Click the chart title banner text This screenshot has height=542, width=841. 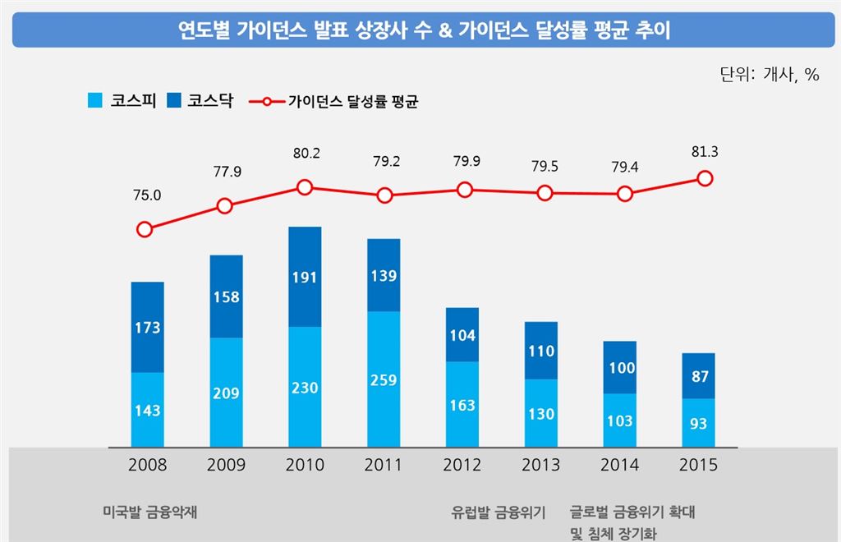[420, 31]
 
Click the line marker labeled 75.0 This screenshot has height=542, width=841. [145, 229]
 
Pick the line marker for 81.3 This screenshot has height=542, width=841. [705, 178]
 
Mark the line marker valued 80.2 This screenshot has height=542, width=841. [305, 187]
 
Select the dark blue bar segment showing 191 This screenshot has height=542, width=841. [305, 277]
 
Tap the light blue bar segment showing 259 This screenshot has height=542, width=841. [384, 379]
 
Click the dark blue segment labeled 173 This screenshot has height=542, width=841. [148, 327]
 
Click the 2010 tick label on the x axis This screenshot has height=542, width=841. [305, 466]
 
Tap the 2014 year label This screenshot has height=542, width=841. [619, 466]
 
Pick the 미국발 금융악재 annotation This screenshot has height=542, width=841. [149, 512]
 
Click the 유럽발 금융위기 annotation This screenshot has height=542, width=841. [499, 512]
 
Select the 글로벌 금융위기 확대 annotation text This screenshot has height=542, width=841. [632, 512]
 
